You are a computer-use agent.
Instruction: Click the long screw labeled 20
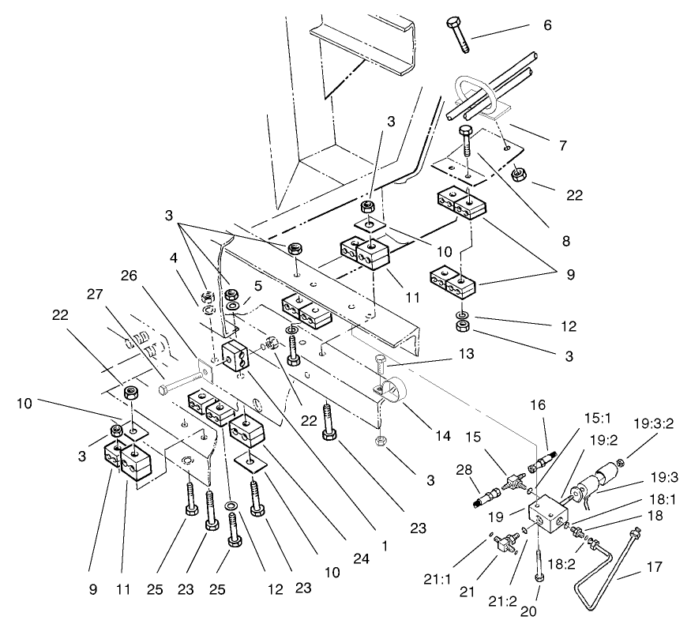pos(538,572)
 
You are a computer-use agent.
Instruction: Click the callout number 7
pos(563,145)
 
